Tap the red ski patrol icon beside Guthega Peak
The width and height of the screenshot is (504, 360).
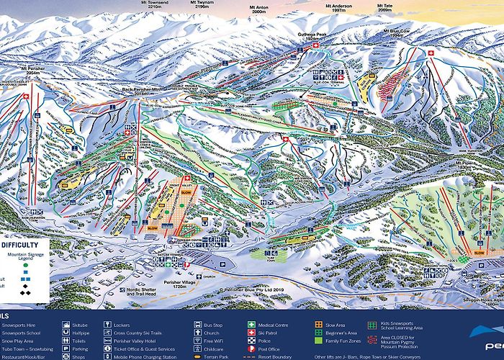(315, 45)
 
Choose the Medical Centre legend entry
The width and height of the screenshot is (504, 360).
(274, 325)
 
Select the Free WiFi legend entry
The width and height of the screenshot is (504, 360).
(215, 345)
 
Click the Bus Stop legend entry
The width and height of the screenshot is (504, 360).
(215, 325)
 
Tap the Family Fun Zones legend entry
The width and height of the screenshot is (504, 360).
(339, 345)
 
